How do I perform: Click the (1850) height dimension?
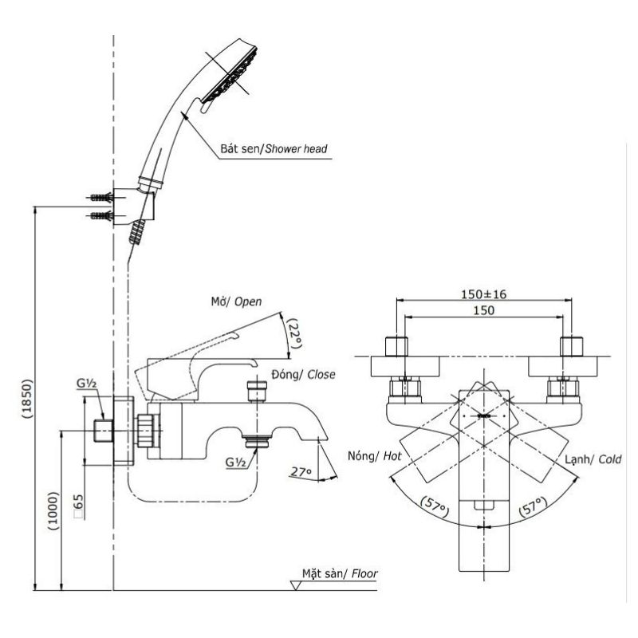pyautogui.click(x=27, y=400)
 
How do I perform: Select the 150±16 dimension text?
pyautogui.click(x=484, y=293)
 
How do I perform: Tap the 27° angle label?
pyautogui.click(x=301, y=471)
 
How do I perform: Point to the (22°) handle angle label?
pyautogui.click(x=295, y=333)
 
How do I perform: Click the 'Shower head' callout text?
pyautogui.click(x=296, y=149)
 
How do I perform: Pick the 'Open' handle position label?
pyautogui.click(x=248, y=302)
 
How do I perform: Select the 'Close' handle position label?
pyautogui.click(x=321, y=374)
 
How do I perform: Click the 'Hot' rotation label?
pyautogui.click(x=392, y=456)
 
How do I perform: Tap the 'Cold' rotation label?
pyautogui.click(x=610, y=459)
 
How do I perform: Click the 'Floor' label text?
pyautogui.click(x=364, y=573)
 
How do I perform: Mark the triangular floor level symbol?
pyautogui.click(x=296, y=585)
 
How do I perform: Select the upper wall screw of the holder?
pyautogui.click(x=100, y=198)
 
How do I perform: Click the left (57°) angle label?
pyautogui.click(x=435, y=506)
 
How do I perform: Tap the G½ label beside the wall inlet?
pyautogui.click(x=87, y=384)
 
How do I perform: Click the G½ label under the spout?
pyautogui.click(x=236, y=463)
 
